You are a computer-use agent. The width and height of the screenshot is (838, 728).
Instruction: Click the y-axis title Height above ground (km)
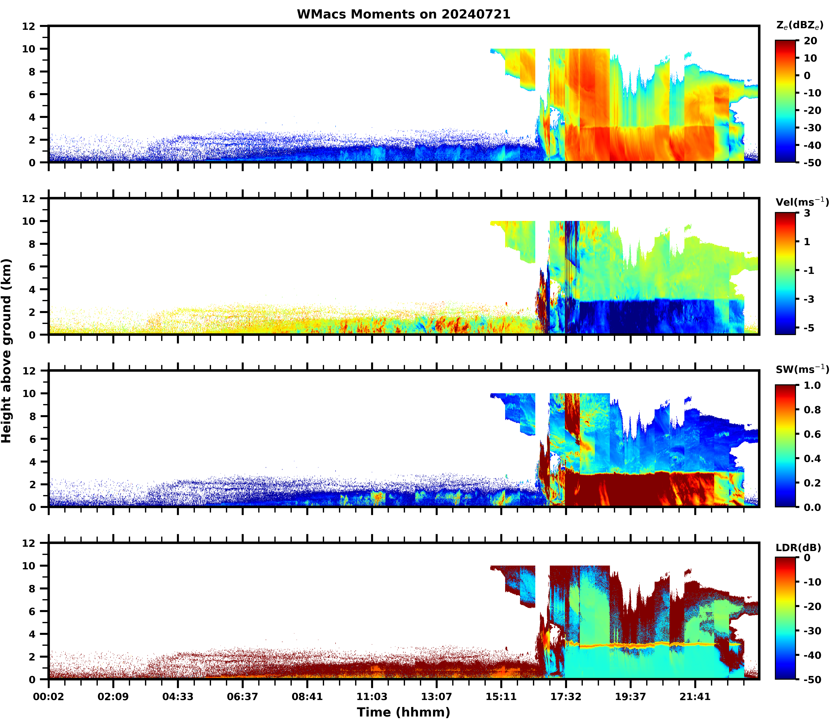pos(6,351)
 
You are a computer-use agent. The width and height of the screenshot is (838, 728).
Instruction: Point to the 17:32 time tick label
pos(566,697)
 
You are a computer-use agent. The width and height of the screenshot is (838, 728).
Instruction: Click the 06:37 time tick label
pos(242,697)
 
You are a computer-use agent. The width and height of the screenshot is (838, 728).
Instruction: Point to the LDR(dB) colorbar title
pos(798,548)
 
